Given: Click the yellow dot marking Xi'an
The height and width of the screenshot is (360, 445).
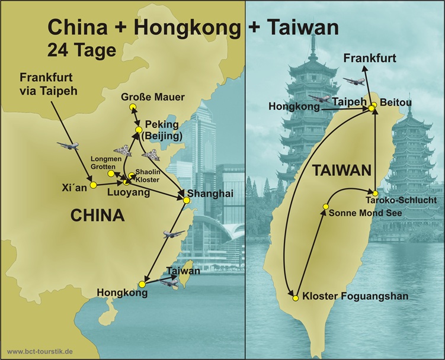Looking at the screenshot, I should tap(93, 184).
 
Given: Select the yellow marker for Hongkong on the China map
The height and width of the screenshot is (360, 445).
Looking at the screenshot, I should tap(141, 284).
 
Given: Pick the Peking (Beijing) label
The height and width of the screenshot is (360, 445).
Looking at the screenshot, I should tap(161, 131).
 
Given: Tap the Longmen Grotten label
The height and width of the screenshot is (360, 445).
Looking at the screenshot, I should tap(107, 162).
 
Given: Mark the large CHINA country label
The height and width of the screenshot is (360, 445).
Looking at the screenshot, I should tap(97, 216).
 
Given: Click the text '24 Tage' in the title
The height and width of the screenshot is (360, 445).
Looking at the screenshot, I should tap(82, 51).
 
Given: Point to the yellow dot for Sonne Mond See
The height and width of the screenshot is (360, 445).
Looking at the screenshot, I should tap(325, 206).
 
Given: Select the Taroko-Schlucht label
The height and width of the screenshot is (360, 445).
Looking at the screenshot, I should tap(409, 201).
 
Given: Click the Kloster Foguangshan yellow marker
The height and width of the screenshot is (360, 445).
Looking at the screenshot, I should tap(293, 297).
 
